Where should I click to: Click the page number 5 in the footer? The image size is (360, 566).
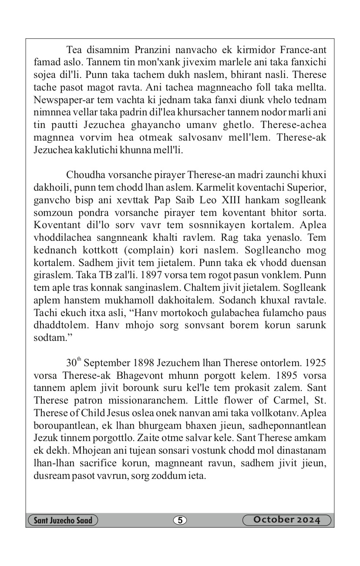tap(180, 520)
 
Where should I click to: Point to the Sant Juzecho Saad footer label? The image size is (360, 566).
tap(63, 520)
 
